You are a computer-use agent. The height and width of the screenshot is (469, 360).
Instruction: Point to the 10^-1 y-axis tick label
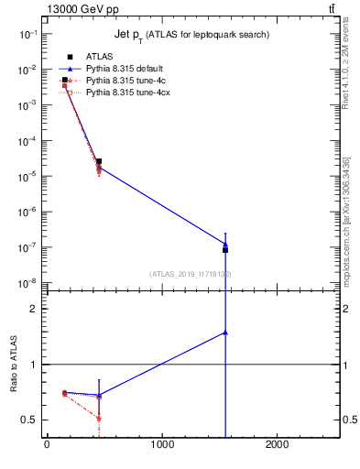28,34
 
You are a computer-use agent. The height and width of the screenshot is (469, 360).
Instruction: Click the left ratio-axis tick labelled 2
34,309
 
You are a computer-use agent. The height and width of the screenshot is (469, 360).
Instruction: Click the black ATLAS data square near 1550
225,249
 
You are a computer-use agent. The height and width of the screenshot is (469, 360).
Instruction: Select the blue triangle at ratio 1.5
225,333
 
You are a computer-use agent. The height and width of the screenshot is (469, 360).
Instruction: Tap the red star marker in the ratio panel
99,419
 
